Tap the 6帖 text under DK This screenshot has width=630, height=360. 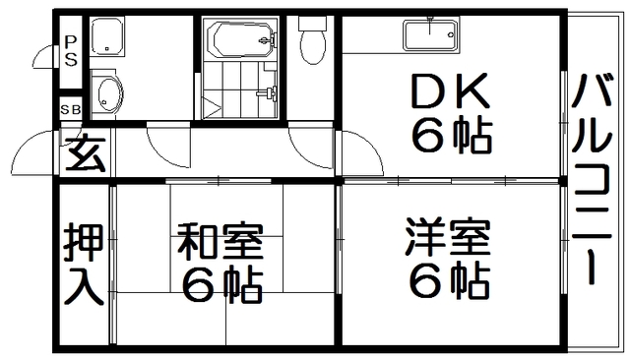pos(451,137)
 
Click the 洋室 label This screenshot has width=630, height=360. pos(449,239)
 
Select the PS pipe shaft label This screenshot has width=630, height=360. pos(71,49)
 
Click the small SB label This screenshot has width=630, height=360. pos(71,109)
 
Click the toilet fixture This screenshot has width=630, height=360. pos(312,42)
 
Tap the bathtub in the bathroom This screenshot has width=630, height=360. pos(241,40)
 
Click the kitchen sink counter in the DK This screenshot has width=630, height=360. pos(429,36)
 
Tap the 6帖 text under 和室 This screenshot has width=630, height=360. pos(220,285)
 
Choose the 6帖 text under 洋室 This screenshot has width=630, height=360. pos(449,283)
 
